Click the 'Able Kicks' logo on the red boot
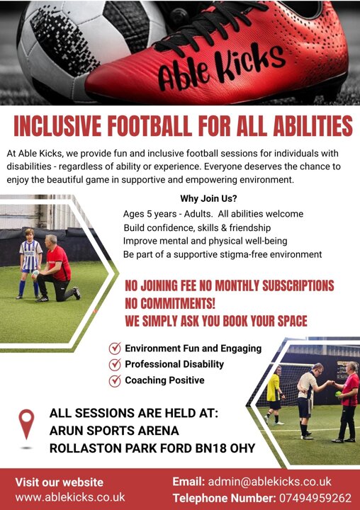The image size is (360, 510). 221,67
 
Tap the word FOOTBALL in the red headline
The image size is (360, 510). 149,125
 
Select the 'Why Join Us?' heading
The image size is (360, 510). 208,198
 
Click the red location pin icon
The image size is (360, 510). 26,424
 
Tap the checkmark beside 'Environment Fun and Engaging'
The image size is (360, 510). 115,348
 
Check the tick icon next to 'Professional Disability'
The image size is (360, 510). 115,364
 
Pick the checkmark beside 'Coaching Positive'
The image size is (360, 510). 115,380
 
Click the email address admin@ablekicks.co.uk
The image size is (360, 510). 269,482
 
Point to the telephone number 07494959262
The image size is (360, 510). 315,498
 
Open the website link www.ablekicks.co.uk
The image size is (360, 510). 70,497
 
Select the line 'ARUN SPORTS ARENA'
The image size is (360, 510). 114,431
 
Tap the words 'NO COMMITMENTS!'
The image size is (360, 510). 170,303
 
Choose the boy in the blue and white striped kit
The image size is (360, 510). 30,263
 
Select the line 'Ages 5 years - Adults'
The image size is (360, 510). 168,214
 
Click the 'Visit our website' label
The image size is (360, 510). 60,482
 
